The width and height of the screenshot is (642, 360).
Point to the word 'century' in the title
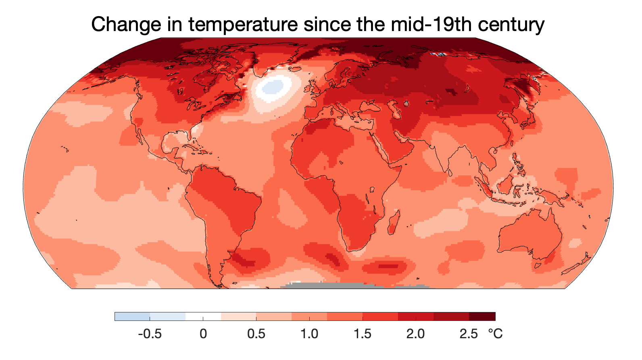pyautogui.click(x=511, y=25)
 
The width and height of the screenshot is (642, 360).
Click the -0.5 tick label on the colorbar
pyautogui.click(x=150, y=334)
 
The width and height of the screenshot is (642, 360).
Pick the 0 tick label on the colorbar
pyautogui.click(x=203, y=334)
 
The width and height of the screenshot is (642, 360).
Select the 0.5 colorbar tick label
pyautogui.click(x=256, y=334)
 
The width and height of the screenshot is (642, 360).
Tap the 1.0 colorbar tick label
pyautogui.click(x=309, y=334)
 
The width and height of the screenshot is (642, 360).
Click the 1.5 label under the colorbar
pyautogui.click(x=362, y=334)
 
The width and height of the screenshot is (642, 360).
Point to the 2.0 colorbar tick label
pyautogui.click(x=415, y=334)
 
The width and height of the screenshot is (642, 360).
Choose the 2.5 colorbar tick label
pyautogui.click(x=469, y=334)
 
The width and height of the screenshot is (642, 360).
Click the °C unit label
pyautogui.click(x=495, y=334)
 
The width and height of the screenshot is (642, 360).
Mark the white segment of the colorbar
pyautogui.click(x=203, y=316)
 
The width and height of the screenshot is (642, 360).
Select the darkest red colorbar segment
pyautogui.click(x=482, y=316)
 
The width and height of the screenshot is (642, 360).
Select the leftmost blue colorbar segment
pyautogui.click(x=132, y=316)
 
